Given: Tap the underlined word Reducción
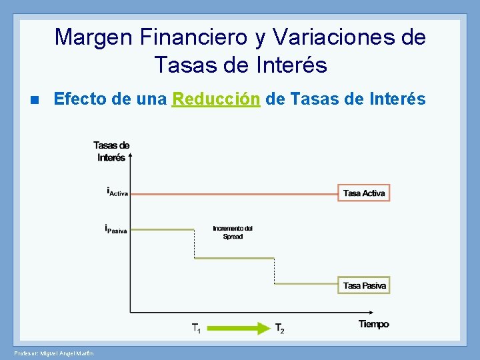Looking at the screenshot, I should [215, 99].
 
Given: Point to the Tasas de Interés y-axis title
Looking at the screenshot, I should [111, 151].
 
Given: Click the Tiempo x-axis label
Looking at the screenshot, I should [373, 324].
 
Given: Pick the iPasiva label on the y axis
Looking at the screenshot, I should [116, 229].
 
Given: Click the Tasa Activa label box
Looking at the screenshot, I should [363, 193].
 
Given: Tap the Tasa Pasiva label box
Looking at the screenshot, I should [364, 285].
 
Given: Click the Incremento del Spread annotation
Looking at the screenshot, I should [233, 233].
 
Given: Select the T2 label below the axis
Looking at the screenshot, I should [280, 328].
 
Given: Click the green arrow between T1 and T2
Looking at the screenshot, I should [239, 328].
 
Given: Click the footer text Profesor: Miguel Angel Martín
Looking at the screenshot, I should [53, 352].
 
